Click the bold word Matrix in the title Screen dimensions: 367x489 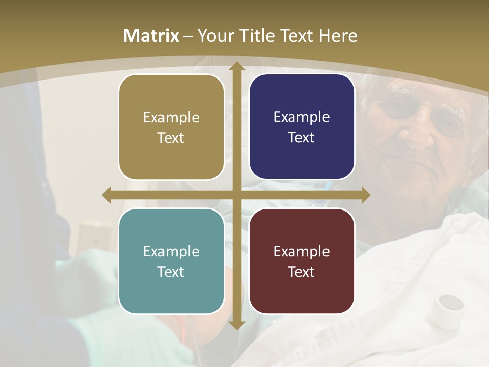pos(151,36)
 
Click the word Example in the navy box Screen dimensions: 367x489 pos(302,117)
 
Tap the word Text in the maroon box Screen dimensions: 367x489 pos(302,272)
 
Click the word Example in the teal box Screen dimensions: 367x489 pos(171,251)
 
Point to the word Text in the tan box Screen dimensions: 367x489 pos(171,138)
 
